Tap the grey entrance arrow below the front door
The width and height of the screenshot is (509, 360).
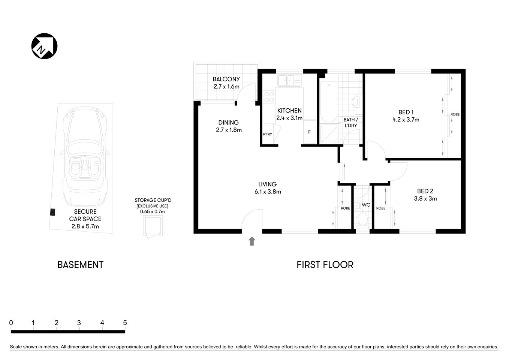click(252, 241)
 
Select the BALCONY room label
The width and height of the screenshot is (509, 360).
click(226, 79)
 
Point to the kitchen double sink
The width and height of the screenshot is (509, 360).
click(289, 80)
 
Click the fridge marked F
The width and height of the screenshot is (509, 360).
click(310, 132)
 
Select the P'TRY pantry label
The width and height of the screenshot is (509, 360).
click(268, 134)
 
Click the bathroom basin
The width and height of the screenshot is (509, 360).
click(356, 102)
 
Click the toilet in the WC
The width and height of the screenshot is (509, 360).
click(362, 219)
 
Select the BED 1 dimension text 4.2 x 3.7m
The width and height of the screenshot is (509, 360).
click(406, 120)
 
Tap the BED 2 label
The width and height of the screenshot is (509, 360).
click(425, 191)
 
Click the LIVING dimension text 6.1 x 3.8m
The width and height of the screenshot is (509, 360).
click(267, 192)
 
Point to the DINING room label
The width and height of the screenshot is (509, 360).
click(229, 123)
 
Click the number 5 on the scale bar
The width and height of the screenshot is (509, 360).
click(125, 322)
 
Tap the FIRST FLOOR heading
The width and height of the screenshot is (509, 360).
click(325, 265)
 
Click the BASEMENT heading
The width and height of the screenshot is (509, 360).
click(80, 265)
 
